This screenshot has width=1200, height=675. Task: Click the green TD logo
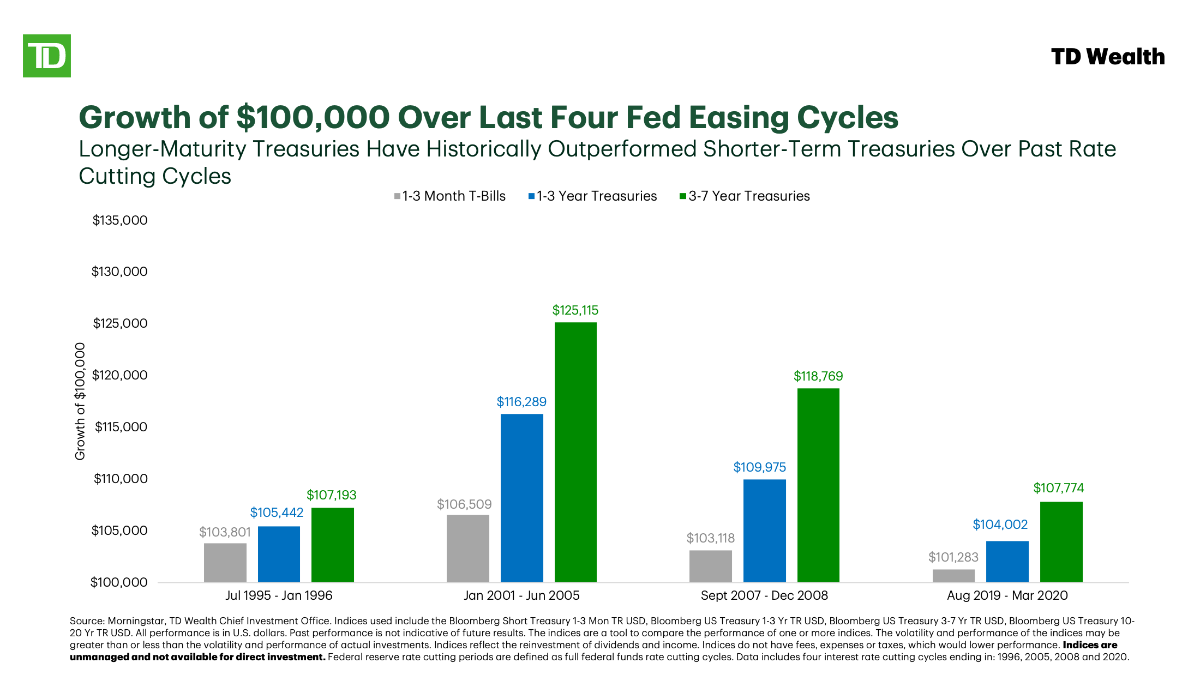click(x=47, y=56)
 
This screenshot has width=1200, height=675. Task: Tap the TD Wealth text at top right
click(x=1107, y=57)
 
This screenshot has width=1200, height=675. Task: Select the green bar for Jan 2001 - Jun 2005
click(x=575, y=453)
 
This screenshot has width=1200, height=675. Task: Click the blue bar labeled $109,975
click(x=764, y=531)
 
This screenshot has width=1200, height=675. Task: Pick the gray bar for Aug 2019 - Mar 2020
click(x=953, y=576)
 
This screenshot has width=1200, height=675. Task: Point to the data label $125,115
click(x=575, y=310)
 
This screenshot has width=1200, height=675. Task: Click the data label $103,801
click(x=225, y=532)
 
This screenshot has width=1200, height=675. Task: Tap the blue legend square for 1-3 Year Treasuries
click(x=531, y=196)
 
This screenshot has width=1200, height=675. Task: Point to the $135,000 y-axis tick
click(x=120, y=220)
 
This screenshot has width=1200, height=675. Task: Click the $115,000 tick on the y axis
click(x=121, y=427)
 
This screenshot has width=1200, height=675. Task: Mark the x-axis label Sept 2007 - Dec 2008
click(x=764, y=595)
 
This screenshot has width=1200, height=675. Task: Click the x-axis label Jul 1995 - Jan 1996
click(x=279, y=595)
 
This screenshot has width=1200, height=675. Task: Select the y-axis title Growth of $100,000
click(x=80, y=401)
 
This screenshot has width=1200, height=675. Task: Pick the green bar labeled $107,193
click(x=333, y=545)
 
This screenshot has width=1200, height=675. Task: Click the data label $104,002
click(x=1000, y=525)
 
